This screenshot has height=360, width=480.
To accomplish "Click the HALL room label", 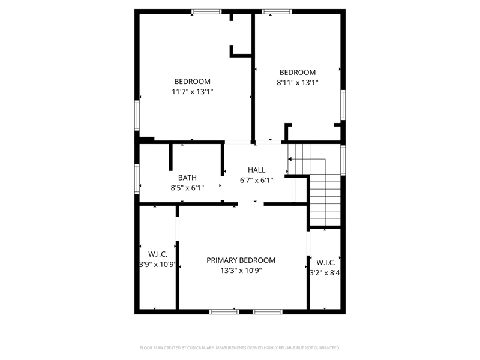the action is pyautogui.click(x=257, y=170).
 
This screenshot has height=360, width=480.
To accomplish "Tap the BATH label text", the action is pyautogui.click(x=187, y=178).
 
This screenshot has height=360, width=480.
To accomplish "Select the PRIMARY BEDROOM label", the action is pyautogui.click(x=241, y=260).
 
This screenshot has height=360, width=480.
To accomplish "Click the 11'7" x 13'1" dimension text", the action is pyautogui.click(x=192, y=92).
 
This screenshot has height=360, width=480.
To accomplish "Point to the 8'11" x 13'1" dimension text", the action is pyautogui.click(x=298, y=82).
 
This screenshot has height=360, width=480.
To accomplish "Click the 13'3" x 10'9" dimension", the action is pyautogui.click(x=241, y=271).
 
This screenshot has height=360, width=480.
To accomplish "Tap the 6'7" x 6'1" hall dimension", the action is pyautogui.click(x=257, y=181).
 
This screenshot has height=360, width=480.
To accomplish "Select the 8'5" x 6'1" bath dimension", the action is pyautogui.click(x=187, y=188).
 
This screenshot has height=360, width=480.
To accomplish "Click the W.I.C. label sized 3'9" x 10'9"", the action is pyautogui.click(x=158, y=254).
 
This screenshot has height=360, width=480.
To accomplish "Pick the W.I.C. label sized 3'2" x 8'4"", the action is pyautogui.click(x=326, y=263).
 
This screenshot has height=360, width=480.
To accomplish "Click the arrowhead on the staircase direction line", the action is pyautogui.click(x=290, y=159).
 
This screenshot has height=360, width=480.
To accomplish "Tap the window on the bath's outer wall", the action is pyautogui.click(x=137, y=179).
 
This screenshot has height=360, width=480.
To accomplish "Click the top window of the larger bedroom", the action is pyautogui.click(x=206, y=11).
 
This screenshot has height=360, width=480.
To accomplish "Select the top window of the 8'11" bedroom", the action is pyautogui.click(x=277, y=11).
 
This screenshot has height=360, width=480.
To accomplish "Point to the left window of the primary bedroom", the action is pyautogui.click(x=224, y=311).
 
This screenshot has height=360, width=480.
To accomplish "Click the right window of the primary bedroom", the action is pyautogui.click(x=268, y=311).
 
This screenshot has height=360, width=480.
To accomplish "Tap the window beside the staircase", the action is pyautogui.click(x=343, y=160).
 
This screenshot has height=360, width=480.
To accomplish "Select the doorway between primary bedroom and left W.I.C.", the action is pyautogui.click(x=177, y=229).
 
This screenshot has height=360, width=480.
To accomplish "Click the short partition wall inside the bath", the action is pyautogui.click(x=171, y=157).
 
